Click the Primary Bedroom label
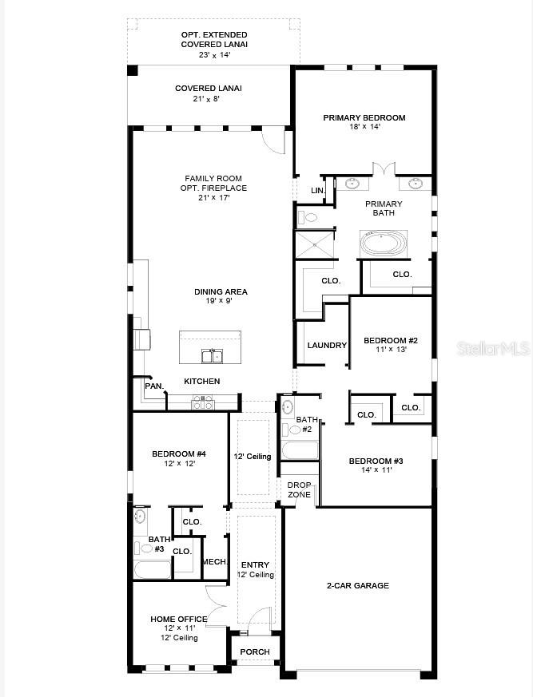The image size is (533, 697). tap(364, 117)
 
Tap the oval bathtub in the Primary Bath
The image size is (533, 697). tap(384, 243)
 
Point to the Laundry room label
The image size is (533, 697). tap(327, 346)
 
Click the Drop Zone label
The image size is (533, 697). tap(300, 490)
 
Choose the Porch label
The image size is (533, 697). tap(255, 652)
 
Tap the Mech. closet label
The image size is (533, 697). tap(214, 562)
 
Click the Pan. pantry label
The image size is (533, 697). tap(154, 386)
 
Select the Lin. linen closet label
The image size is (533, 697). tap(317, 191)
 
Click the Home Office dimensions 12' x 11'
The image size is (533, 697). tap(179, 628)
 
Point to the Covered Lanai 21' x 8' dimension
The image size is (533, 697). tap(205, 99)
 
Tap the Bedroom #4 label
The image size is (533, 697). tap(179, 454)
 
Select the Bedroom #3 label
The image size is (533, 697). tap(376, 461)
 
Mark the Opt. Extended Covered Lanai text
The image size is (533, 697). tap(213, 40)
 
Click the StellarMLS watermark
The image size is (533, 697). tap(491, 349)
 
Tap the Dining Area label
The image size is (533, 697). tap(221, 292)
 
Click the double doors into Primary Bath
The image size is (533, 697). tap(384, 170)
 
